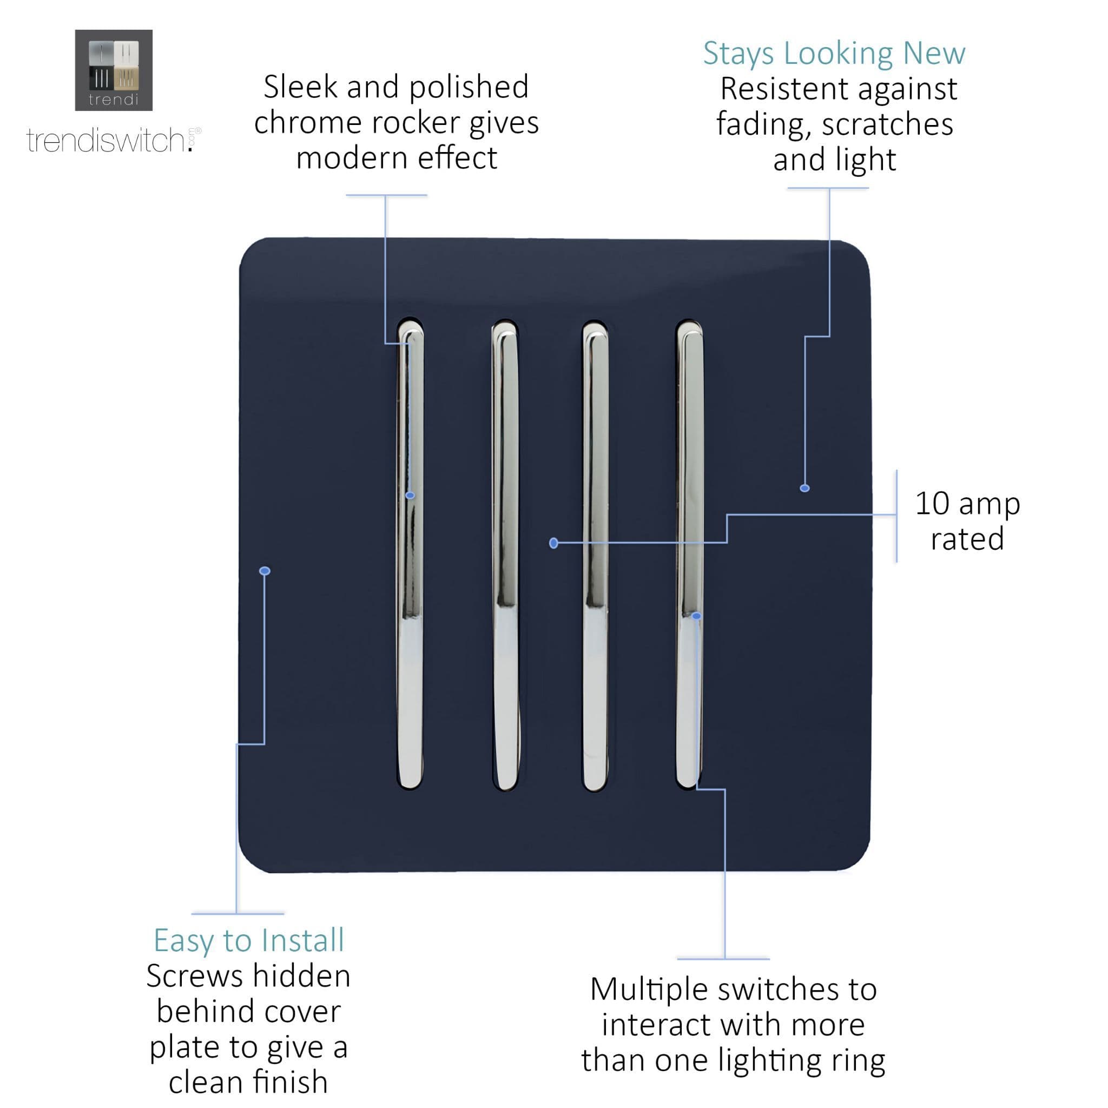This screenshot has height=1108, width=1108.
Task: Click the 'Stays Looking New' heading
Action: pyautogui.click(x=834, y=54)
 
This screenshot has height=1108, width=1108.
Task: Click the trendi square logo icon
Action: pyautogui.click(x=114, y=70)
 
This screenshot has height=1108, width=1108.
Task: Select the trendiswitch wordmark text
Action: pyautogui.click(x=114, y=141)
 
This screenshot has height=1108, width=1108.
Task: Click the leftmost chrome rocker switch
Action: pyautogui.click(x=411, y=554)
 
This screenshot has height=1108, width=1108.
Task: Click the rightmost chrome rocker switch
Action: pyautogui.click(x=689, y=554)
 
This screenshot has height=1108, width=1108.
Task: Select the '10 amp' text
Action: pyautogui.click(x=967, y=504)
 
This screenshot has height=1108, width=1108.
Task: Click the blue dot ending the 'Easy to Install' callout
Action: pyautogui.click(x=265, y=571)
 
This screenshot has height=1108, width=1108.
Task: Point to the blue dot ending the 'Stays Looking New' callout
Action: pyautogui.click(x=804, y=488)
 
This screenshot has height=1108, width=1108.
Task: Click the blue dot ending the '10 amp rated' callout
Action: pyautogui.click(x=553, y=543)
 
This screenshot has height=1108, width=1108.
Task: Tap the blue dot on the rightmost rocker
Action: pyautogui.click(x=696, y=616)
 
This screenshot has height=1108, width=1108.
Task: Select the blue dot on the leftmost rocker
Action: pyautogui.click(x=410, y=495)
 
